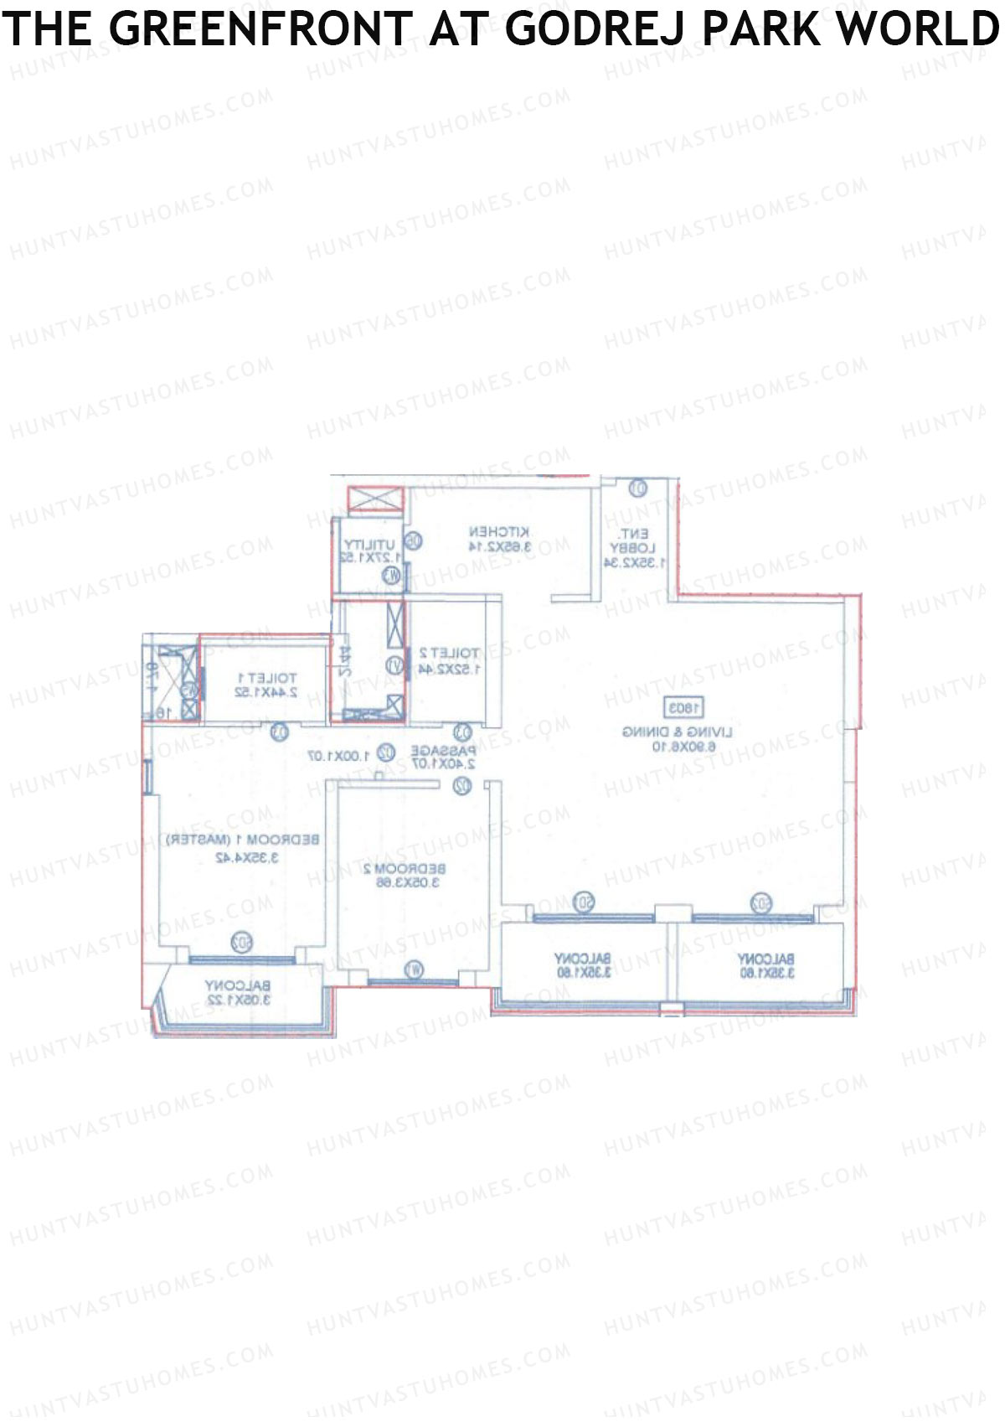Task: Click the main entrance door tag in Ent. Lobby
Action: click(638, 487)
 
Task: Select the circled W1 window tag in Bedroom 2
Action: click(413, 970)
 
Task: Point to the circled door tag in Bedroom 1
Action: click(279, 733)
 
